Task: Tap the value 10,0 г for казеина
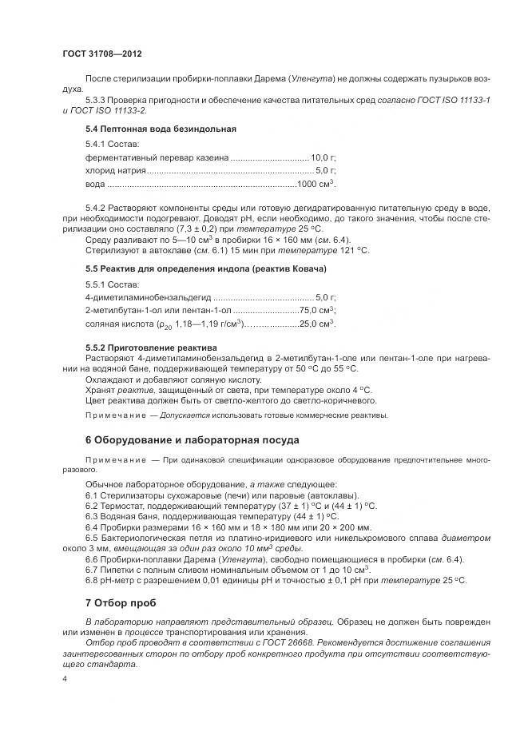click(x=323, y=157)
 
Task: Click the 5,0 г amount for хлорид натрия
click(x=325, y=171)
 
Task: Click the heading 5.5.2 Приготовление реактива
click(x=151, y=348)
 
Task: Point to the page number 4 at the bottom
click(x=65, y=677)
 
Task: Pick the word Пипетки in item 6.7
click(x=120, y=569)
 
